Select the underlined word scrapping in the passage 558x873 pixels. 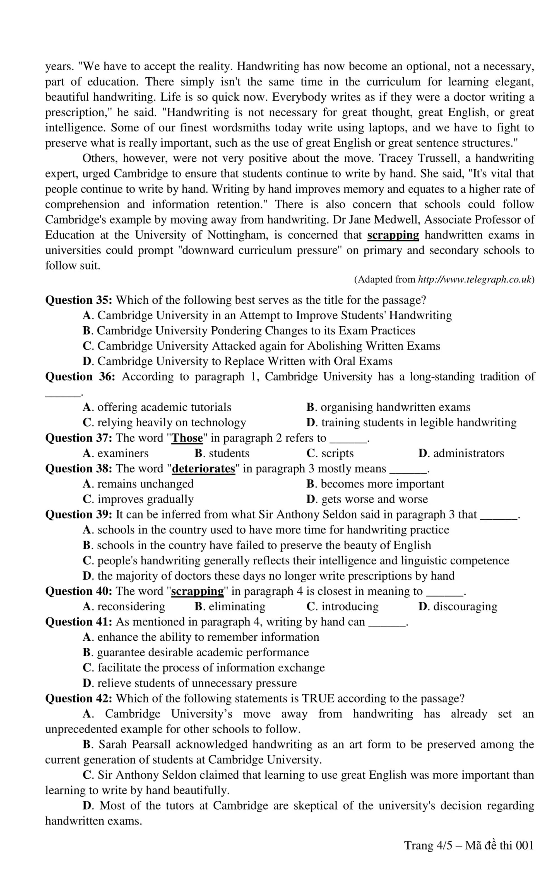click(x=393, y=235)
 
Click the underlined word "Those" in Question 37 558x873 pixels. click(x=187, y=438)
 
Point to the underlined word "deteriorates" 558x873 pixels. click(x=203, y=468)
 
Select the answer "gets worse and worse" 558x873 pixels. click(x=367, y=499)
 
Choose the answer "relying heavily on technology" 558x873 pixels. click(x=165, y=423)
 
